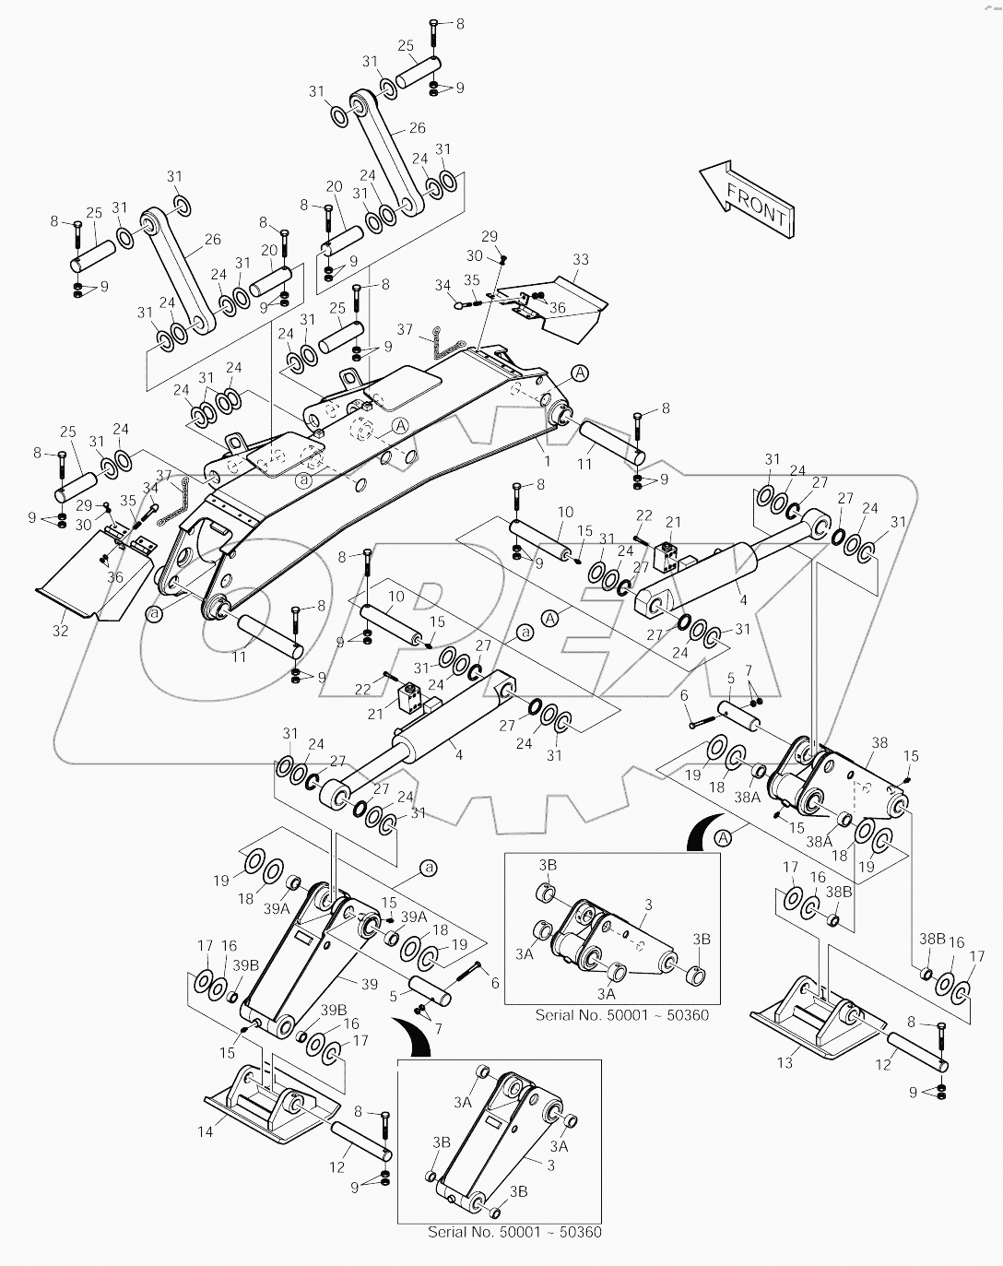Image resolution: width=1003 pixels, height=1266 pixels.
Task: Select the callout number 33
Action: point(580,261)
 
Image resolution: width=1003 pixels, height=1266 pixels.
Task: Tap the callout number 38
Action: point(879,741)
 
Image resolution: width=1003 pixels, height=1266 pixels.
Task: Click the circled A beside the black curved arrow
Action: point(723,837)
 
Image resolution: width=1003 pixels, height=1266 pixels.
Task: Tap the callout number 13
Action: point(785,1063)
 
